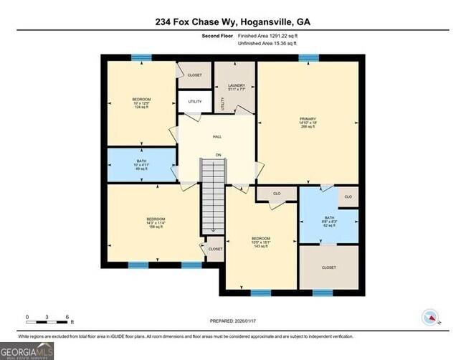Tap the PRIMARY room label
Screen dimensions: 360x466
pyautogui.click(x=308, y=123)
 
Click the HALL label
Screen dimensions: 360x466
pyautogui.click(x=217, y=136)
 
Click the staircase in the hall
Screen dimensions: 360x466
pyautogui.click(x=212, y=196)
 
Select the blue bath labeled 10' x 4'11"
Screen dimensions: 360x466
pyautogui.click(x=141, y=165)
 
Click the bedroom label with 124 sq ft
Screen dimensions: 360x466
pyautogui.click(x=141, y=103)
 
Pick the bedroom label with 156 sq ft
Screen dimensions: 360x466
pyautogui.click(x=156, y=223)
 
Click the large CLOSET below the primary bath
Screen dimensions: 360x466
pyautogui.click(x=328, y=267)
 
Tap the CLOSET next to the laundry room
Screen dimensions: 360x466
pyautogui.click(x=195, y=75)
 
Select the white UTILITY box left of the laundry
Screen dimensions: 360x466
pyautogui.click(x=195, y=102)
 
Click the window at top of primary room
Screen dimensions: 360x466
pyautogui.click(x=308, y=58)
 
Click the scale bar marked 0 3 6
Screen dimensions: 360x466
pyautogui.click(x=47, y=318)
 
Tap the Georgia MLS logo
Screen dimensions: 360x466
pyautogui.click(x=27, y=351)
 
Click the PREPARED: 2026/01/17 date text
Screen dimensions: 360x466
pyautogui.click(x=233, y=321)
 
